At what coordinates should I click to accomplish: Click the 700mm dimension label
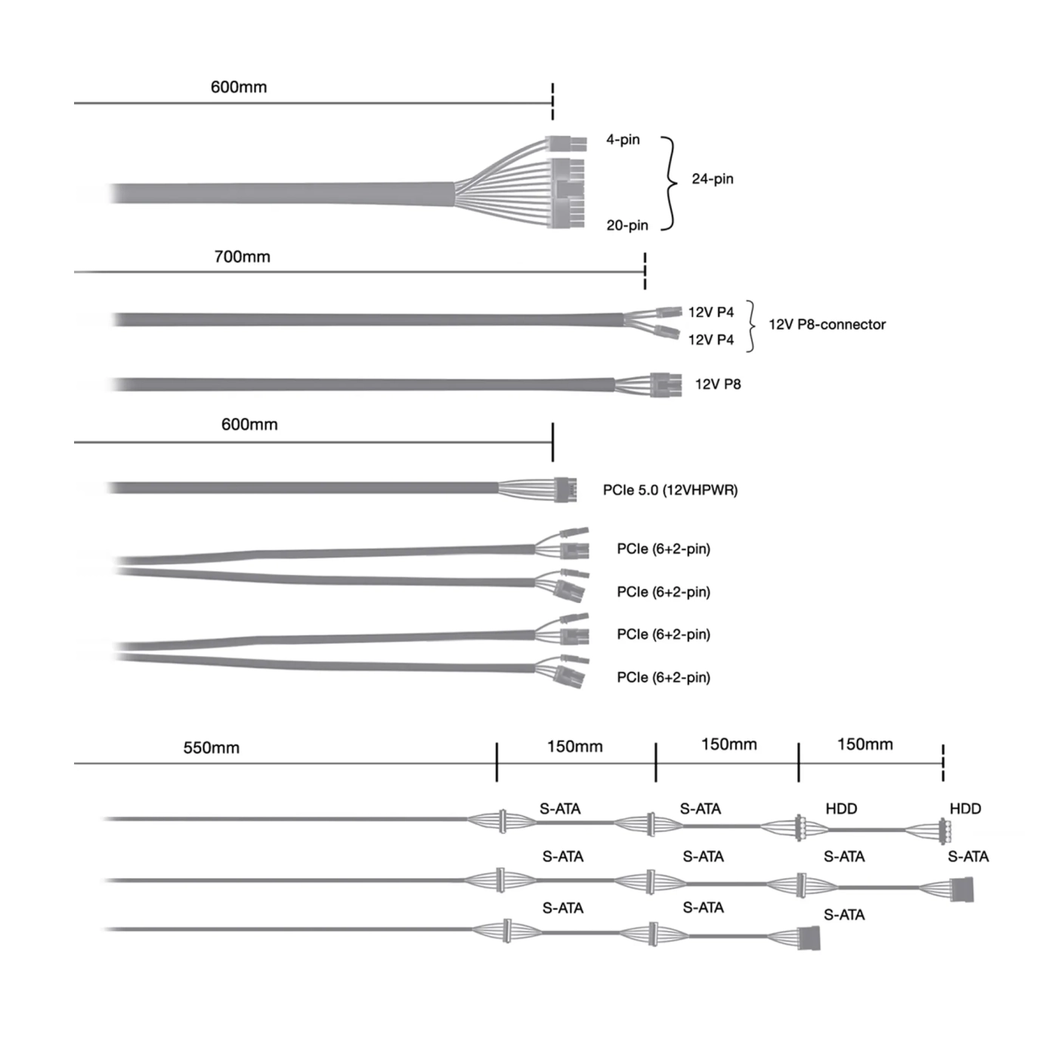[x=242, y=256]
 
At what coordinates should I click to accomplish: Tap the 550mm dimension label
[x=212, y=748]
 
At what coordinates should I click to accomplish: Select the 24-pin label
[x=712, y=179]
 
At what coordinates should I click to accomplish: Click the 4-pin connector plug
[x=566, y=144]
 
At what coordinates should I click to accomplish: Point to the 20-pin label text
[x=627, y=225]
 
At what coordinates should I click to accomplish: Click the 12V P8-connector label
[x=827, y=324]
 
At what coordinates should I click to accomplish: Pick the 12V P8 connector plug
[x=666, y=385]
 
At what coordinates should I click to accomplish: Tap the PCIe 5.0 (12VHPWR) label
[x=670, y=490]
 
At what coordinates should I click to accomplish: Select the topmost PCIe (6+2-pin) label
[x=664, y=549]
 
